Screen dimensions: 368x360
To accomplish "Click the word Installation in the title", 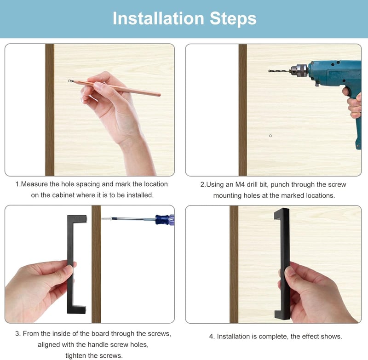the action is pyautogui.click(x=158, y=18).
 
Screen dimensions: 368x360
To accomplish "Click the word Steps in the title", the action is pyautogui.click(x=233, y=18).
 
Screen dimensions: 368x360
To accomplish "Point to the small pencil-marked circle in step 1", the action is pyautogui.click(x=69, y=81).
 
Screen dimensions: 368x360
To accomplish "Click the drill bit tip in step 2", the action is pyautogui.click(x=269, y=71).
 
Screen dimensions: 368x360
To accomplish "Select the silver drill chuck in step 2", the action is pyautogui.click(x=299, y=70).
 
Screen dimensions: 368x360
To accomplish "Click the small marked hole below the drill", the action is pyautogui.click(x=270, y=136).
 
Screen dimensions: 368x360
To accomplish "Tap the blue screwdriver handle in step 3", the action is pyautogui.click(x=165, y=220).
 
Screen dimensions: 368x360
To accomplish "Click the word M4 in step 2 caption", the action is pyautogui.click(x=240, y=184).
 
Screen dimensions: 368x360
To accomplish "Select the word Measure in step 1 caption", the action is pyautogui.click(x=34, y=184).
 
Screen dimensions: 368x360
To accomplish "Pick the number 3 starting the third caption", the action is pyautogui.click(x=17, y=333).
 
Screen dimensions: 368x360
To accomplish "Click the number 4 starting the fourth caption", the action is pyautogui.click(x=211, y=337).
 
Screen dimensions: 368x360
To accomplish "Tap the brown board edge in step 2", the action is pyautogui.click(x=243, y=110).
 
